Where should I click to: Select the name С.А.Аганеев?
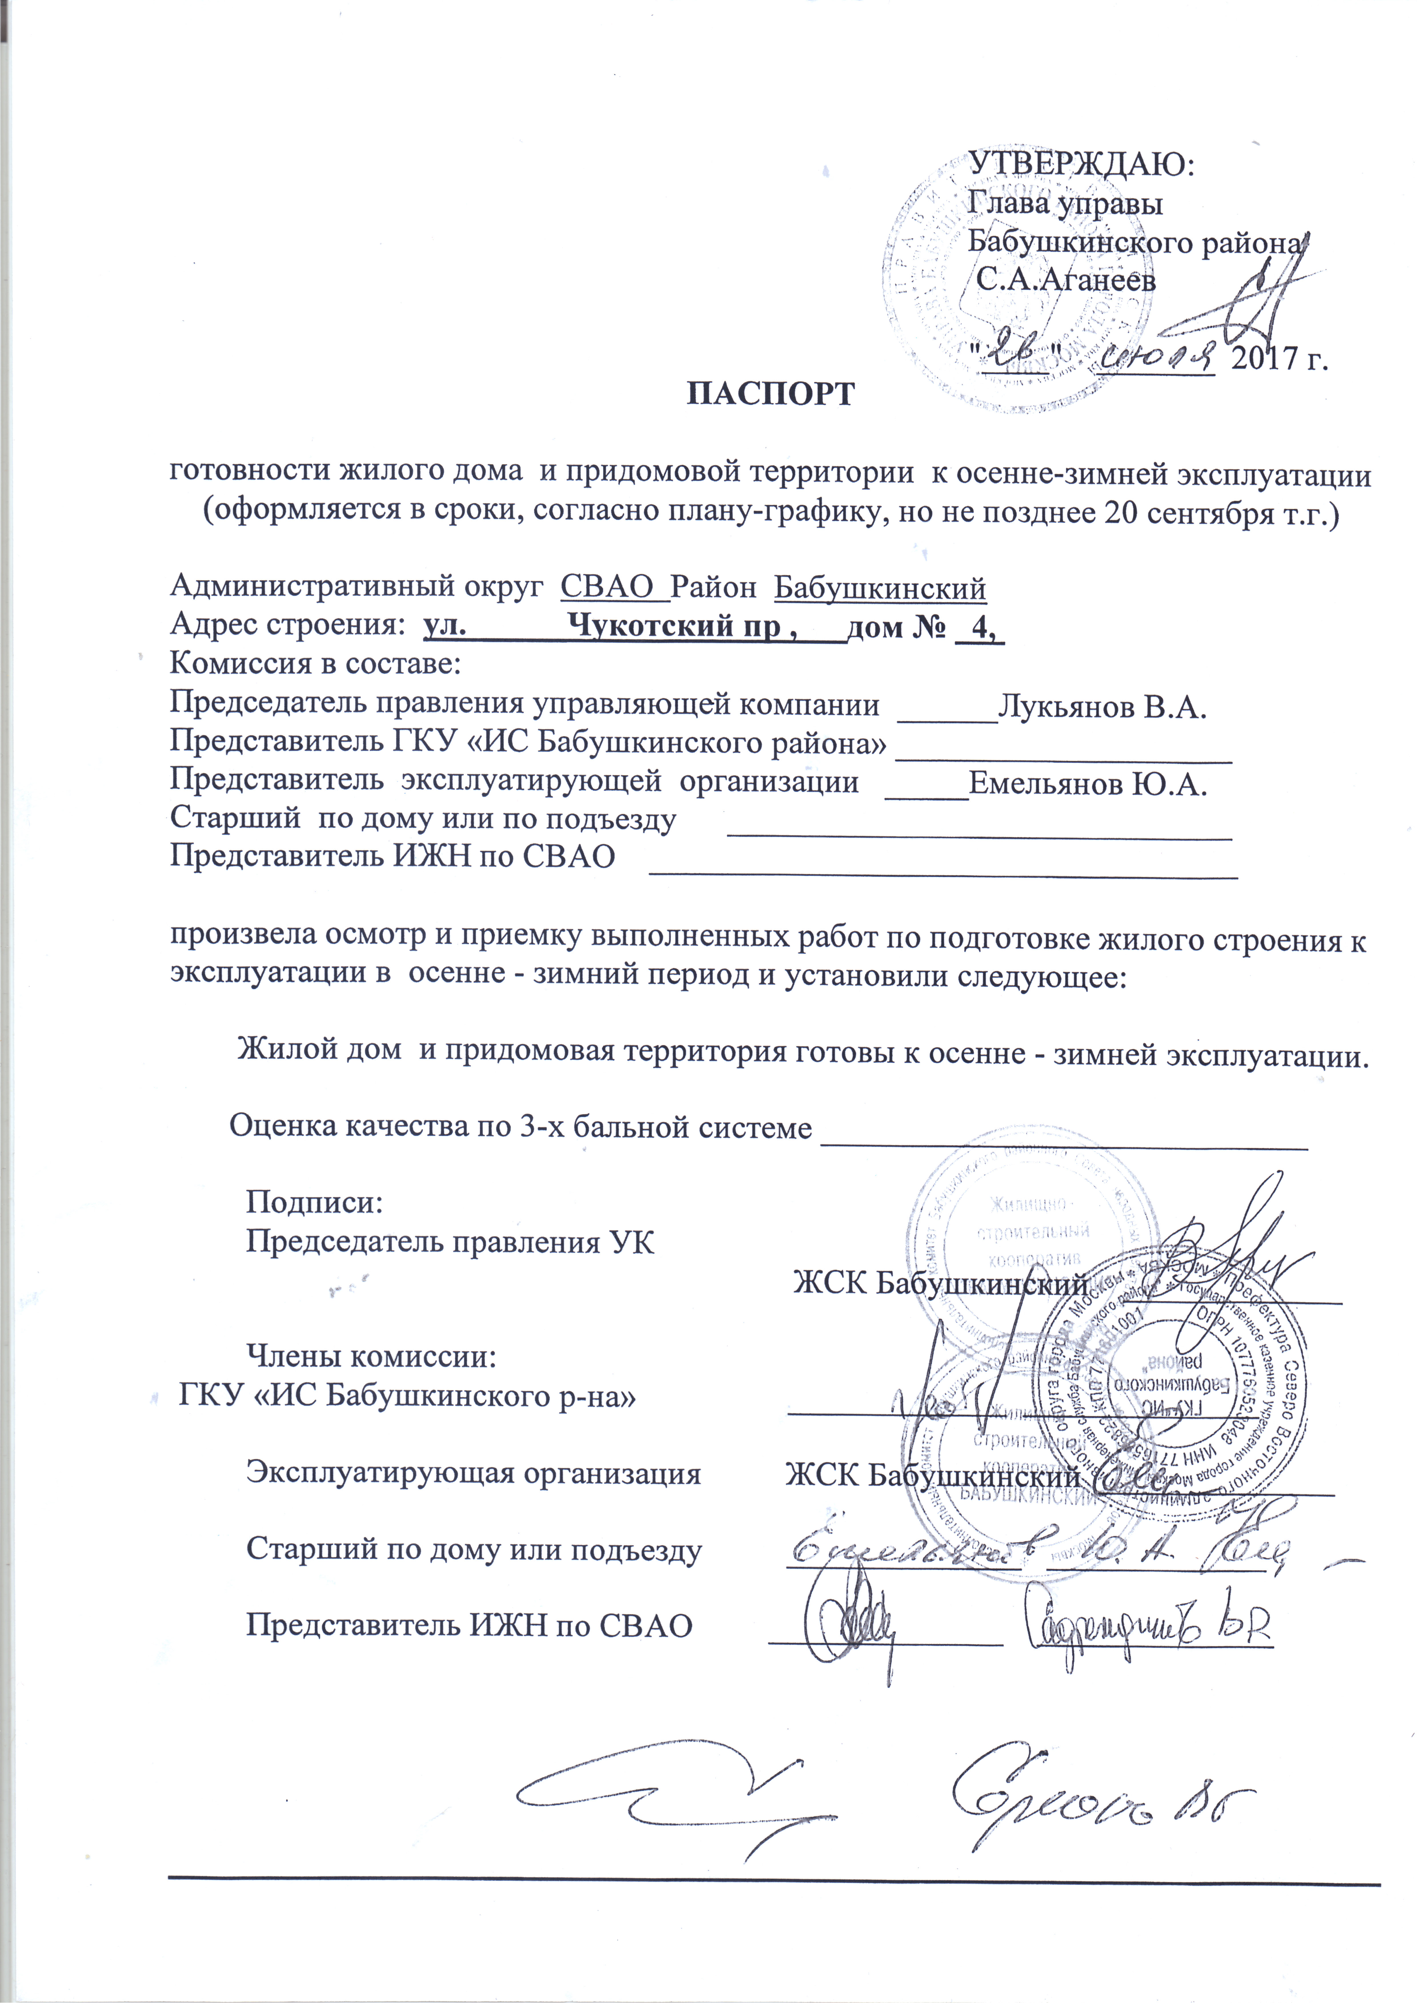coord(1065,280)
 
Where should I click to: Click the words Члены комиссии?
coord(371,1356)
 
